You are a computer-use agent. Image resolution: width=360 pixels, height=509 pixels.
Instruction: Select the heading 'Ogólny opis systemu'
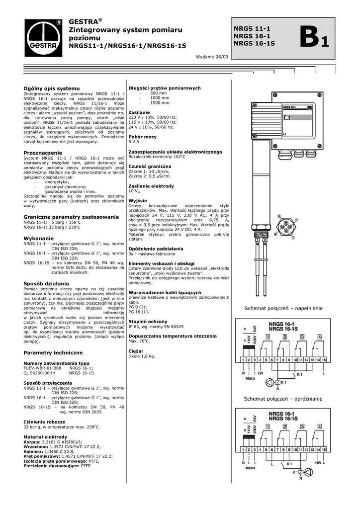[52, 88]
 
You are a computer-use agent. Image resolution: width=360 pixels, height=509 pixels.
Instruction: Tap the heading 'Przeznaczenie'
[43, 152]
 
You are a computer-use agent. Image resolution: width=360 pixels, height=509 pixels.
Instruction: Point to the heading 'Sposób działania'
[46, 283]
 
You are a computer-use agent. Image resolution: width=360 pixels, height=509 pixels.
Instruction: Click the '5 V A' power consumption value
[134, 142]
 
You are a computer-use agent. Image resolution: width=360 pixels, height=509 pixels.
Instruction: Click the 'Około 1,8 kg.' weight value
[142, 356]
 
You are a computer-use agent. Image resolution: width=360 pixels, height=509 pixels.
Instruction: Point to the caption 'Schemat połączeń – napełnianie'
[283, 309]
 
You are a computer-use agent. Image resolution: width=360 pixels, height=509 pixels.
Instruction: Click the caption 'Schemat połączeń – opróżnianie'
[283, 399]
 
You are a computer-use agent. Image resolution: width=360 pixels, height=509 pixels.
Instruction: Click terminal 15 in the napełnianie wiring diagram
[324, 359]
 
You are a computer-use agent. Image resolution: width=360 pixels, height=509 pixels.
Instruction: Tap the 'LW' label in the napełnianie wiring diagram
[260, 372]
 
